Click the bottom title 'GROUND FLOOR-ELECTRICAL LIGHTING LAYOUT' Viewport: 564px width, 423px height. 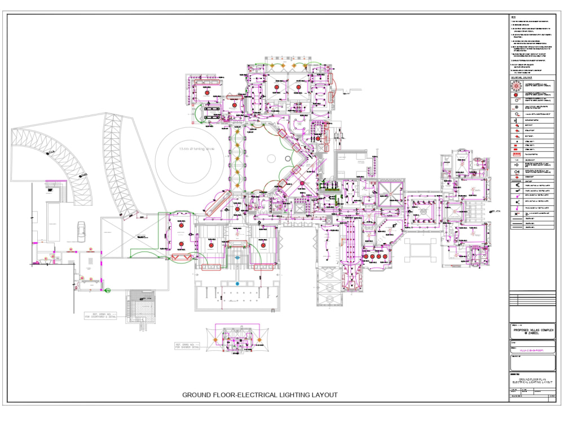pos(260,395)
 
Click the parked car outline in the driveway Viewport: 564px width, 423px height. pos(82,228)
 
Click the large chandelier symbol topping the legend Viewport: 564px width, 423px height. pos(517,86)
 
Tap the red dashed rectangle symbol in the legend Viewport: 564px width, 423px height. pos(517,154)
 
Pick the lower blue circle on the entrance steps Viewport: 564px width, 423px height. pos(237,283)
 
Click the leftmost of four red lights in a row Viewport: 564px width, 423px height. pos(366,257)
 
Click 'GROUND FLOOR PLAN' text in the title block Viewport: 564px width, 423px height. pos(531,380)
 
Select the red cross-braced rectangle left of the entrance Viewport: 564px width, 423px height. pos(181,258)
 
